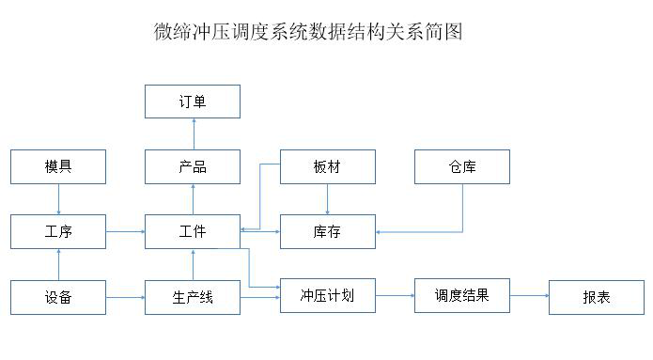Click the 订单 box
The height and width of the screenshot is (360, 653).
(x=192, y=102)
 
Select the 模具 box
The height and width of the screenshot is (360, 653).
(x=58, y=166)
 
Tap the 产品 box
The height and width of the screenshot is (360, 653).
(x=192, y=166)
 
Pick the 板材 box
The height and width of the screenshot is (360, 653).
(x=327, y=166)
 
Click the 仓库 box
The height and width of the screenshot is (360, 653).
(x=462, y=166)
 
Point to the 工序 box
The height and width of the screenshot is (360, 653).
(x=58, y=231)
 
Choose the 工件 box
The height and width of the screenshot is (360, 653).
(x=192, y=231)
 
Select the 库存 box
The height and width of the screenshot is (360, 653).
(x=327, y=231)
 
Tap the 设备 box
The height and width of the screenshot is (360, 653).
(x=58, y=297)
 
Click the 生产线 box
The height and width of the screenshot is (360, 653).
(x=192, y=297)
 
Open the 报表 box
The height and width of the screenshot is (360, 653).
(x=596, y=297)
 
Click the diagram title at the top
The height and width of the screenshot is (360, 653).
(x=308, y=31)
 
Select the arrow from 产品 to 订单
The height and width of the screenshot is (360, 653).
(x=193, y=133)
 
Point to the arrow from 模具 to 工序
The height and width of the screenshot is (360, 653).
(x=58, y=199)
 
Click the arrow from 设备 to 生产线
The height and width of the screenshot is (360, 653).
(x=125, y=297)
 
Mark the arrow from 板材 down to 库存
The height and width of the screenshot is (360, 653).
(x=327, y=199)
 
